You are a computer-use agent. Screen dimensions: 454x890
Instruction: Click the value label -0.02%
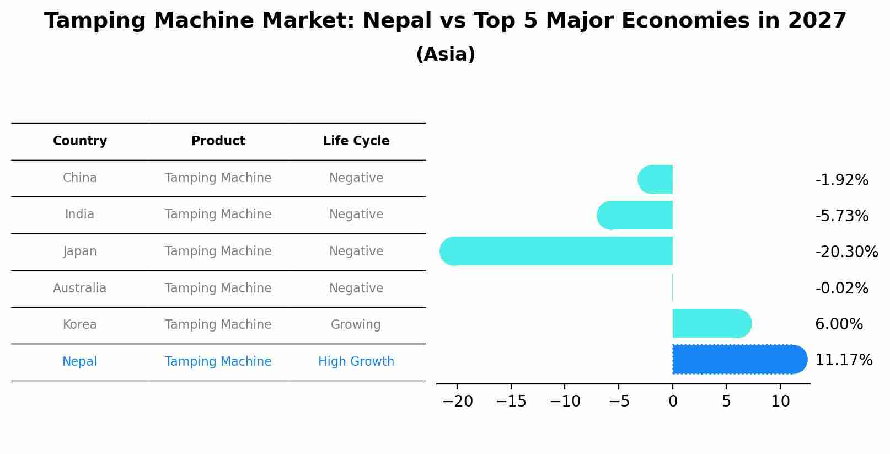841,289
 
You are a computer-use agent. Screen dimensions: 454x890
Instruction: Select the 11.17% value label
843,360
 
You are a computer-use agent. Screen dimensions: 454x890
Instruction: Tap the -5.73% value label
841,216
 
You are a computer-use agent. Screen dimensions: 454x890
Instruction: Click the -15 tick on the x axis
511,402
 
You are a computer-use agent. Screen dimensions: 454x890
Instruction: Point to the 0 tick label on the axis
673,402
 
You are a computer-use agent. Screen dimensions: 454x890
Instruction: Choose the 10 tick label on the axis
780,402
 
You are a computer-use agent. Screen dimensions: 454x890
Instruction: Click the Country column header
80,141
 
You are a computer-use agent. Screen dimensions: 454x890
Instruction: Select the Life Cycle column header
356,141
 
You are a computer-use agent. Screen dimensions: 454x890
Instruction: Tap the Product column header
218,141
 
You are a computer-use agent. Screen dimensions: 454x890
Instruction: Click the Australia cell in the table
80,289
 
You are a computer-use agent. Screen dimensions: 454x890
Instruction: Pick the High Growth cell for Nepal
356,362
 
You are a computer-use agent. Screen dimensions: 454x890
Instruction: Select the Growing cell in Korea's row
356,325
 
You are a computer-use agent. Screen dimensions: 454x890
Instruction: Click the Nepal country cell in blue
79,362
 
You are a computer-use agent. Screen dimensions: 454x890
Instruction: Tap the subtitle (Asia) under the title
446,55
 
